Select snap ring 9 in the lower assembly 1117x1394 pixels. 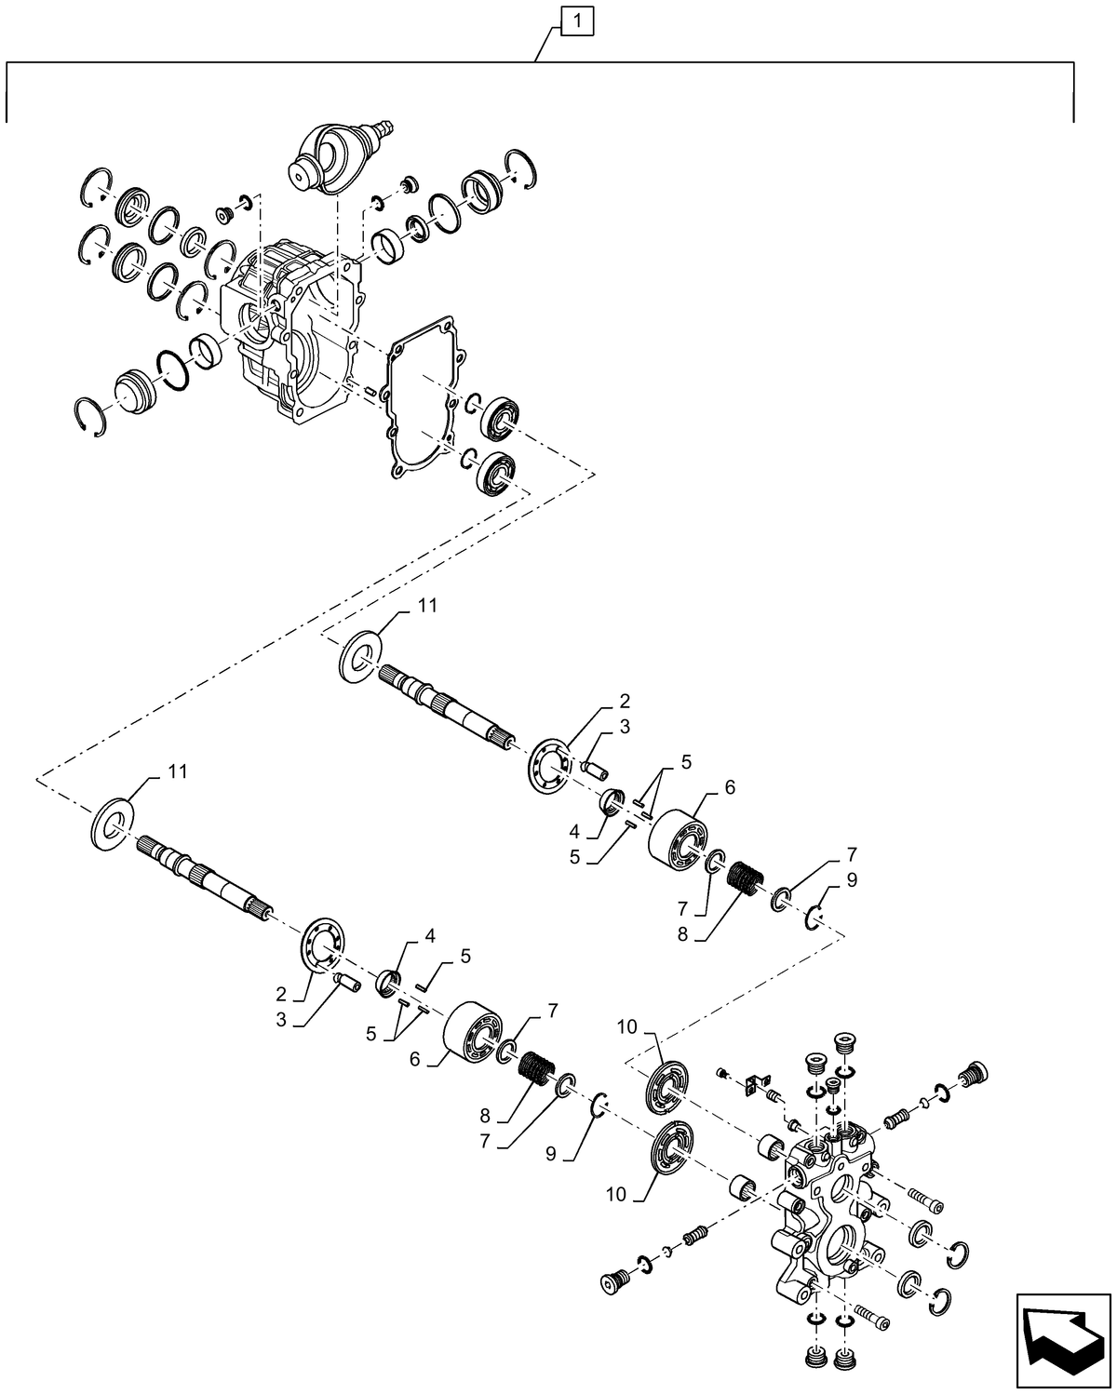coord(600,1104)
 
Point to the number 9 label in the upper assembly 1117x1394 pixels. coord(852,878)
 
